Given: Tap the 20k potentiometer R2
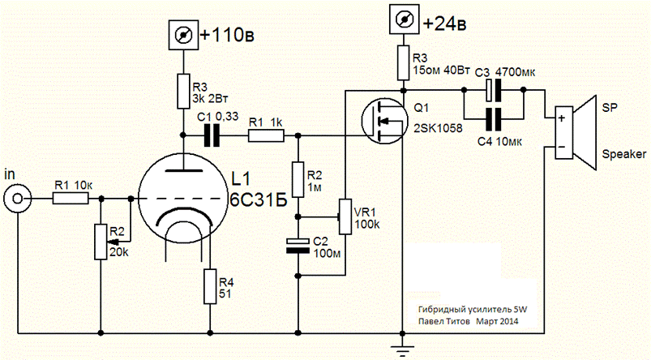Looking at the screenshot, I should pyautogui.click(x=101, y=241).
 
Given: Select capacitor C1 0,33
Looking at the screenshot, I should pyautogui.click(x=212, y=135).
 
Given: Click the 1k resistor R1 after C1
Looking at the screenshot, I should pyautogui.click(x=265, y=135).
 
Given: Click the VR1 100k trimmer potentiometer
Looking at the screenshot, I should pyautogui.click(x=346, y=216).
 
